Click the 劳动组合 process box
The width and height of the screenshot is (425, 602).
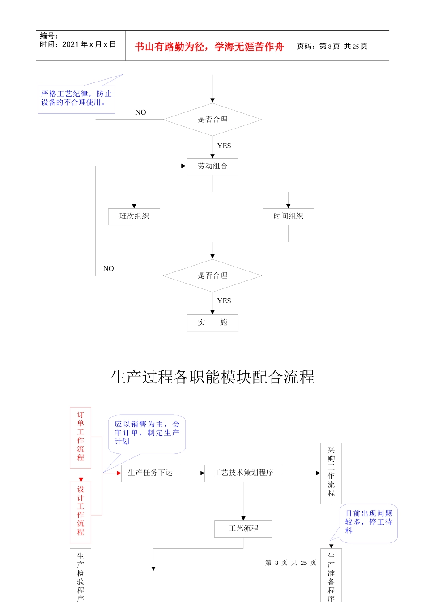coord(212,166)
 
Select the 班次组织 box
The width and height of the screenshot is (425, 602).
coord(134,216)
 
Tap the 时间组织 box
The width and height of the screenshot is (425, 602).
coord(288,216)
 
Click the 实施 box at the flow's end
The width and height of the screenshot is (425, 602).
coord(212,322)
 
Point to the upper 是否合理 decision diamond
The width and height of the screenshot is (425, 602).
coord(212,120)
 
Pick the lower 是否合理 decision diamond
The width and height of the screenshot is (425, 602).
coord(212,275)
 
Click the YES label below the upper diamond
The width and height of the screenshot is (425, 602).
coord(224,146)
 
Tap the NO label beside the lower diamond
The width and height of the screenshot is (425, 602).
coord(108,269)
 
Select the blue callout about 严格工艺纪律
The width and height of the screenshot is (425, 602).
coord(76,99)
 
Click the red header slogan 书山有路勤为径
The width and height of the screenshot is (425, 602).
coord(209,47)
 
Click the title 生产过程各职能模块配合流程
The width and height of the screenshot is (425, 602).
coord(212,377)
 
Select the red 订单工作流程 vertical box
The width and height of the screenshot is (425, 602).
coord(81,437)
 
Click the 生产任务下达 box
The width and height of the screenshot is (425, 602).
coord(150,473)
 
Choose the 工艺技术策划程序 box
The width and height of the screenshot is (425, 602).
coord(243,473)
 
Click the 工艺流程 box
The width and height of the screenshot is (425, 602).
coord(243,529)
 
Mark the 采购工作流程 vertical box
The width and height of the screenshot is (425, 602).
coord(331,473)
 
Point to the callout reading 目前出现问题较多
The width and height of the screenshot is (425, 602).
coord(369,523)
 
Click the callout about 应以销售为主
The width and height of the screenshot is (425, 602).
coord(147,433)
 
